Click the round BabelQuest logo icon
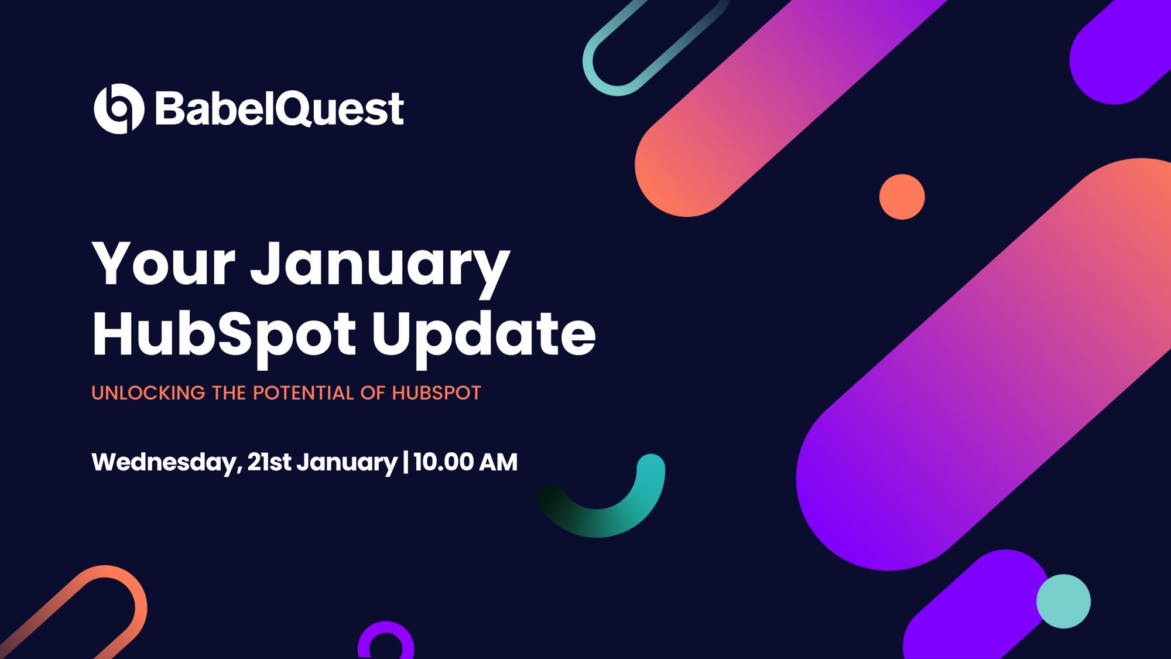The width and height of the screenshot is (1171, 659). (x=119, y=109)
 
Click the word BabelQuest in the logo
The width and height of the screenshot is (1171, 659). (x=279, y=109)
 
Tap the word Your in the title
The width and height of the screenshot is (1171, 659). (x=163, y=265)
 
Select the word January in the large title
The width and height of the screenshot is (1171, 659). (x=381, y=267)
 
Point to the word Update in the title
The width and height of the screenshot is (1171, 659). (x=484, y=335)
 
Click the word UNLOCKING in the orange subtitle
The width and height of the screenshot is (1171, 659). (x=148, y=393)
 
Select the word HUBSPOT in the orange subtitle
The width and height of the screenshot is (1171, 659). (x=436, y=393)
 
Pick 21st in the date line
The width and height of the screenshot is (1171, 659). (x=269, y=462)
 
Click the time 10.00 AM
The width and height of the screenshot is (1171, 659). (x=465, y=462)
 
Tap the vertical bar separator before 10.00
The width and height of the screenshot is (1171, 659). (x=406, y=462)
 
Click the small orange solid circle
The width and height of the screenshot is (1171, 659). (x=902, y=197)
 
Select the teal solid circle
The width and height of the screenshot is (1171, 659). (x=1063, y=602)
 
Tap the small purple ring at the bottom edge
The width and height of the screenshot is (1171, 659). (x=386, y=638)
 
